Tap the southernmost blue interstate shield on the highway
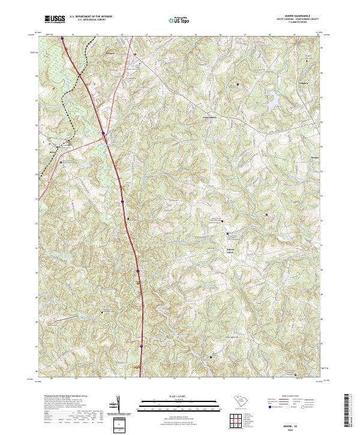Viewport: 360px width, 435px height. point(142,347)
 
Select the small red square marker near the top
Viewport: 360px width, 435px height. point(135,55)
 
